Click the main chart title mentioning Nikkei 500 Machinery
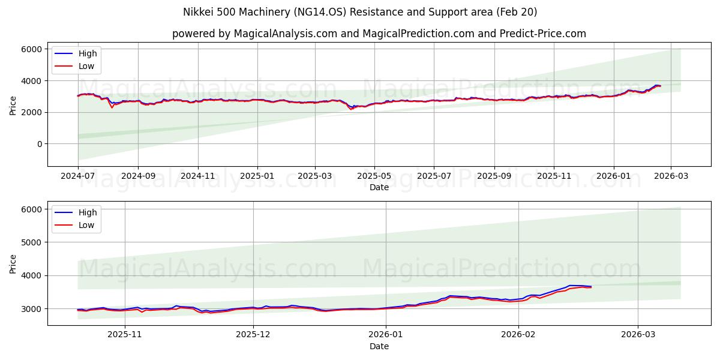tap(360, 12)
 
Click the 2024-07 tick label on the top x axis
tap(78, 177)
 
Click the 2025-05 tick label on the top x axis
tap(374, 177)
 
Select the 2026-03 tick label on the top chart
tap(670, 177)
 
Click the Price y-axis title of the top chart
tap(13, 105)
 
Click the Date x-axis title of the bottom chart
tap(379, 346)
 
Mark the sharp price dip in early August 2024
tap(112, 107)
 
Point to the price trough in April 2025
tap(352, 109)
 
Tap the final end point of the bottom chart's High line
tap(591, 286)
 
